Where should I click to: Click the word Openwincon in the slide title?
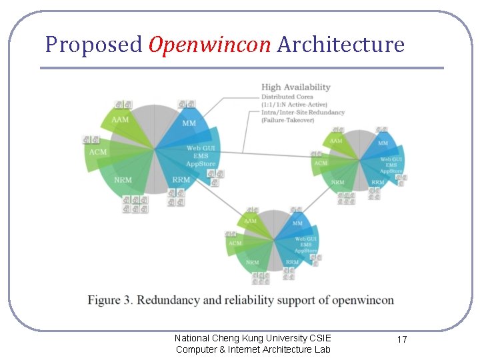pyautogui.click(x=210, y=45)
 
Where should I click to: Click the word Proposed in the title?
pyautogui.click(x=94, y=45)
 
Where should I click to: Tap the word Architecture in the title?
pyautogui.click(x=341, y=45)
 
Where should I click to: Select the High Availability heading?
pyautogui.click(x=296, y=87)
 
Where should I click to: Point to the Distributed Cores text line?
pyautogui.click(x=287, y=97)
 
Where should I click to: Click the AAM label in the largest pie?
pyautogui.click(x=120, y=119)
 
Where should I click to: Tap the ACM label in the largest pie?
pyautogui.click(x=97, y=152)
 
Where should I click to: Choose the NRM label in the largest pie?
pyautogui.click(x=123, y=180)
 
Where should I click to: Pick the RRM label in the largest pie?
pyautogui.click(x=181, y=180)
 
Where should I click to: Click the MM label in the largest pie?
pyautogui.click(x=189, y=123)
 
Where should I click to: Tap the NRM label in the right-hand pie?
pyautogui.click(x=338, y=182)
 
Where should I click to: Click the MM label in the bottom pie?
pyautogui.click(x=297, y=223)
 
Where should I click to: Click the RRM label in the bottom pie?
pyautogui.click(x=292, y=262)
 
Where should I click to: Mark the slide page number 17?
pyautogui.click(x=402, y=340)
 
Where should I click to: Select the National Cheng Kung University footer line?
pyautogui.click(x=253, y=338)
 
